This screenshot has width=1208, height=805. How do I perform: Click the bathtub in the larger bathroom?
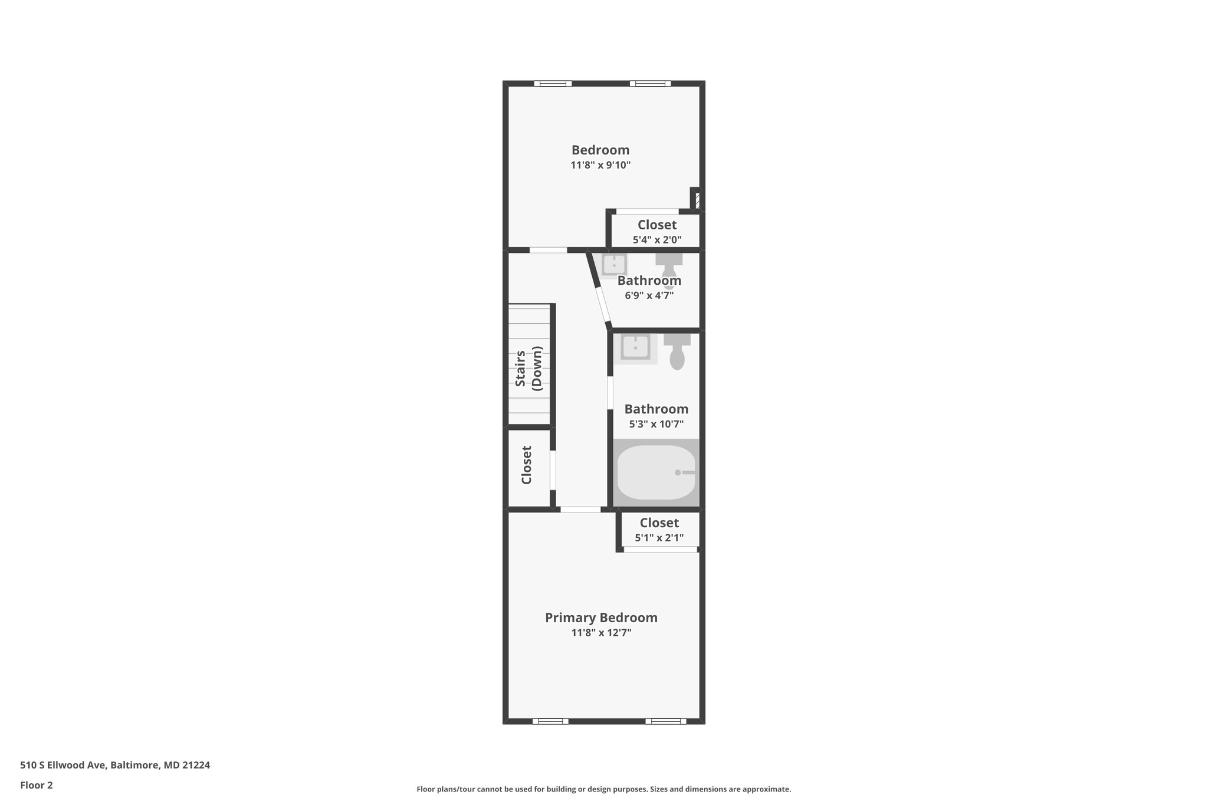[656, 472]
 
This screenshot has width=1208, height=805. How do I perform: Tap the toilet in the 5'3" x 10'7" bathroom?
[677, 352]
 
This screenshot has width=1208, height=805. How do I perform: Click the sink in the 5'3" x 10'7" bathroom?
[635, 347]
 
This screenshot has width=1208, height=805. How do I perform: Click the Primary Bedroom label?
[600, 617]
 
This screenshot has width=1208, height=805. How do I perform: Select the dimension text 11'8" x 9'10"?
[600, 165]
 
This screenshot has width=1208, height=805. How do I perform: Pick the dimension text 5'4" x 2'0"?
[656, 239]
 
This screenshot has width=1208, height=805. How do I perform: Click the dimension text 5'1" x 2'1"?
[659, 538]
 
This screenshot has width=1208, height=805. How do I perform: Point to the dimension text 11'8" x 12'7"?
[600, 633]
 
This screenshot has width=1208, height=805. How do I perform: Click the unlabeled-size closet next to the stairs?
[527, 466]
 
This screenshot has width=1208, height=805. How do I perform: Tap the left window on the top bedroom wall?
[553, 84]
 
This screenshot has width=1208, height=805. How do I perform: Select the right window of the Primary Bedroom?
[665, 721]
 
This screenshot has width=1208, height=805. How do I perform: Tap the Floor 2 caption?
[37, 785]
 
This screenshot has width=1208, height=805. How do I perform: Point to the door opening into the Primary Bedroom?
[580, 509]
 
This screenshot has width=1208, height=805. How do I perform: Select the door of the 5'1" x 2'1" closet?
[660, 550]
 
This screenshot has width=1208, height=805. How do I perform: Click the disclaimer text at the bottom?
[603, 789]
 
